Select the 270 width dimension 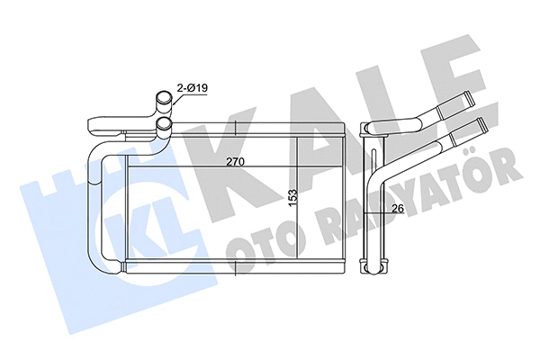point(236,162)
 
